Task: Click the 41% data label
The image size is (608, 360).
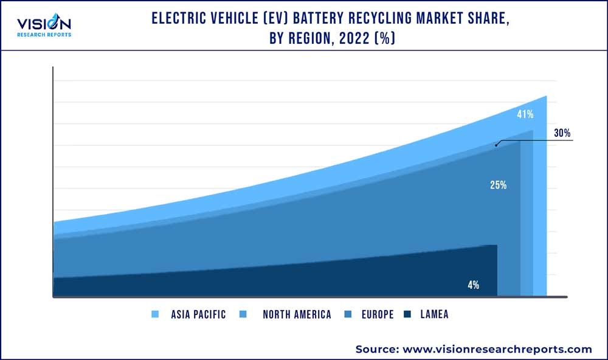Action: [x=525, y=114]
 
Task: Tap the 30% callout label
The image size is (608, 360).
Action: [x=562, y=134]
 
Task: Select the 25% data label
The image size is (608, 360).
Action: [x=499, y=185]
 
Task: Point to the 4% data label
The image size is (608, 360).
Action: [x=474, y=285]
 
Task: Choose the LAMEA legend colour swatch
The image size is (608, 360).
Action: [x=407, y=314]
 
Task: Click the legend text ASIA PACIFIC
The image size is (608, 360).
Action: [x=198, y=314]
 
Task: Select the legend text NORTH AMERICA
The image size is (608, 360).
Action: [x=297, y=314]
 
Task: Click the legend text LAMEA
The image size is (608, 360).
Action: [x=434, y=314]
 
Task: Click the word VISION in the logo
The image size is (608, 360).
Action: [x=44, y=24]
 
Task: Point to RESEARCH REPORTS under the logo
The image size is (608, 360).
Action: [x=44, y=35]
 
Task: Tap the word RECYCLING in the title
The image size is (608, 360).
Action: [x=379, y=19]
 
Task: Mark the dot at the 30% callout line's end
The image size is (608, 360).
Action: [x=496, y=145]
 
